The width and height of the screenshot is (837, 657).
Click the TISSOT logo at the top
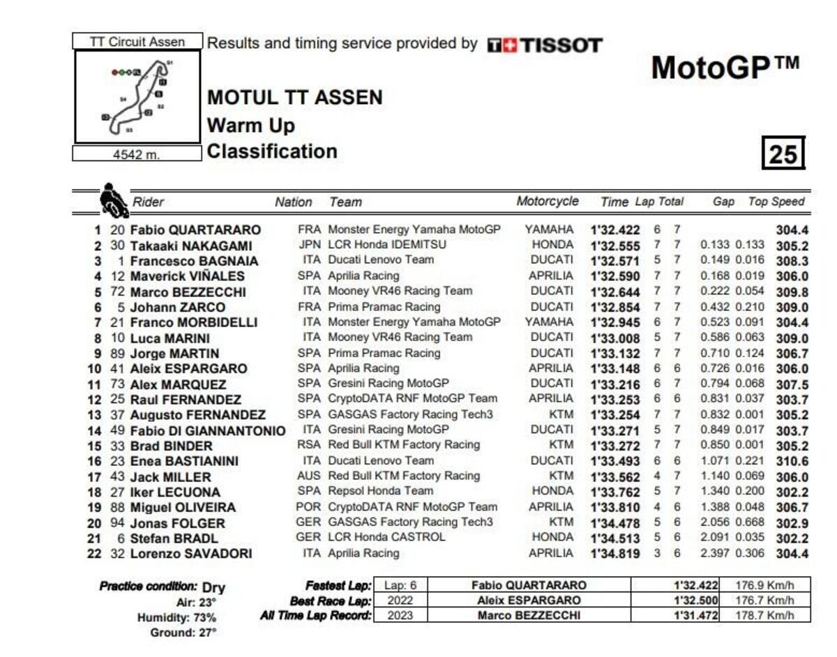(544, 46)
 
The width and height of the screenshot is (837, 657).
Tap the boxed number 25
(783, 153)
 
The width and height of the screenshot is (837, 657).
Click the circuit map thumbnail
(137, 96)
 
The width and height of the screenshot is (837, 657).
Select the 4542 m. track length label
(137, 154)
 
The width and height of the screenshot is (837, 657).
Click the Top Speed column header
(776, 202)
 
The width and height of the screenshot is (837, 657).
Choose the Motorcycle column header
(548, 202)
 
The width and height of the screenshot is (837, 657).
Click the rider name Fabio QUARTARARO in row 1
(195, 230)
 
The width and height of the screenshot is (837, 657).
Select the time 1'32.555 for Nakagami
(615, 246)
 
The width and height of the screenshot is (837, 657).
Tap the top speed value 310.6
(791, 461)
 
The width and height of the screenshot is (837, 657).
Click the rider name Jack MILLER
(170, 477)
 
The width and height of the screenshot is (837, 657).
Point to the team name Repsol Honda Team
(380, 491)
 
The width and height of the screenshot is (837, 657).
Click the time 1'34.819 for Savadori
(615, 554)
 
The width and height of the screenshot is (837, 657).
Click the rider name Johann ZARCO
(177, 308)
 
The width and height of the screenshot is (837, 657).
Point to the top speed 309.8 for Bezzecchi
(791, 292)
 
